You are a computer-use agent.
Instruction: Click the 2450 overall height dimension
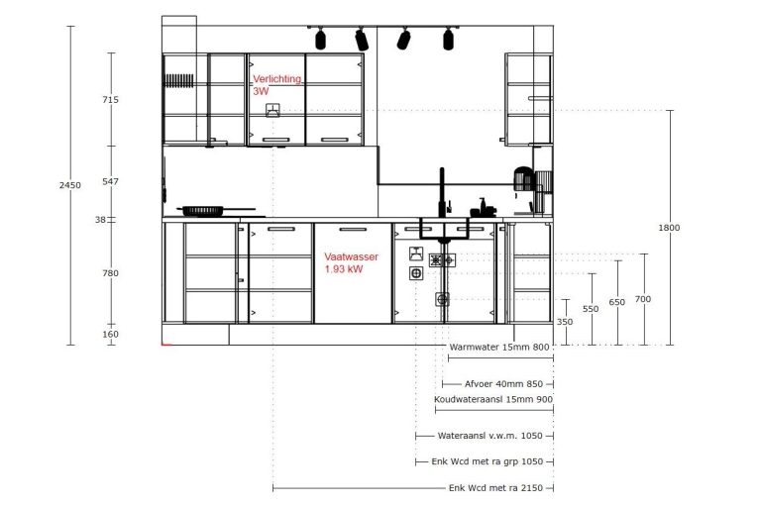tap(70, 185)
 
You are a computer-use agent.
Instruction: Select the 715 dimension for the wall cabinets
tap(110, 99)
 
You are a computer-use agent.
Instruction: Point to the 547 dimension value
tap(110, 181)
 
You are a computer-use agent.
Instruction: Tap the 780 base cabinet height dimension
tap(110, 273)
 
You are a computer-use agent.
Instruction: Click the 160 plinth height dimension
tap(110, 334)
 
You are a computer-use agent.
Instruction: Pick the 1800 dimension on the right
tap(669, 227)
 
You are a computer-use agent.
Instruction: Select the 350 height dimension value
tap(565, 322)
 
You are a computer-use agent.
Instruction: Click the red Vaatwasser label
tap(351, 256)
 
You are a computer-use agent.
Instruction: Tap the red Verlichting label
tap(276, 79)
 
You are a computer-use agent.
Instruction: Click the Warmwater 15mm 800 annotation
tap(499, 347)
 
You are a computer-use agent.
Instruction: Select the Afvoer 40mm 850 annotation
tap(503, 384)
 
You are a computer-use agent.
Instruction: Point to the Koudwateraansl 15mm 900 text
tap(493, 399)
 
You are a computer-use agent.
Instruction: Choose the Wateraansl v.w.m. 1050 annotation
tap(489, 436)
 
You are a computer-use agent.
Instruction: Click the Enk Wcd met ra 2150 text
tap(495, 487)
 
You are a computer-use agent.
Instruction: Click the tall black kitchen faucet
tap(442, 193)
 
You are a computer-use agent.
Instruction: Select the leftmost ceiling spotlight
tap(320, 39)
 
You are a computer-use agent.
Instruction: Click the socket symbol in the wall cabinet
tap(272, 110)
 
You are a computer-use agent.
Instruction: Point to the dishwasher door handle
tap(353, 229)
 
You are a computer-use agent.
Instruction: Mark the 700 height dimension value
tap(642, 299)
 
